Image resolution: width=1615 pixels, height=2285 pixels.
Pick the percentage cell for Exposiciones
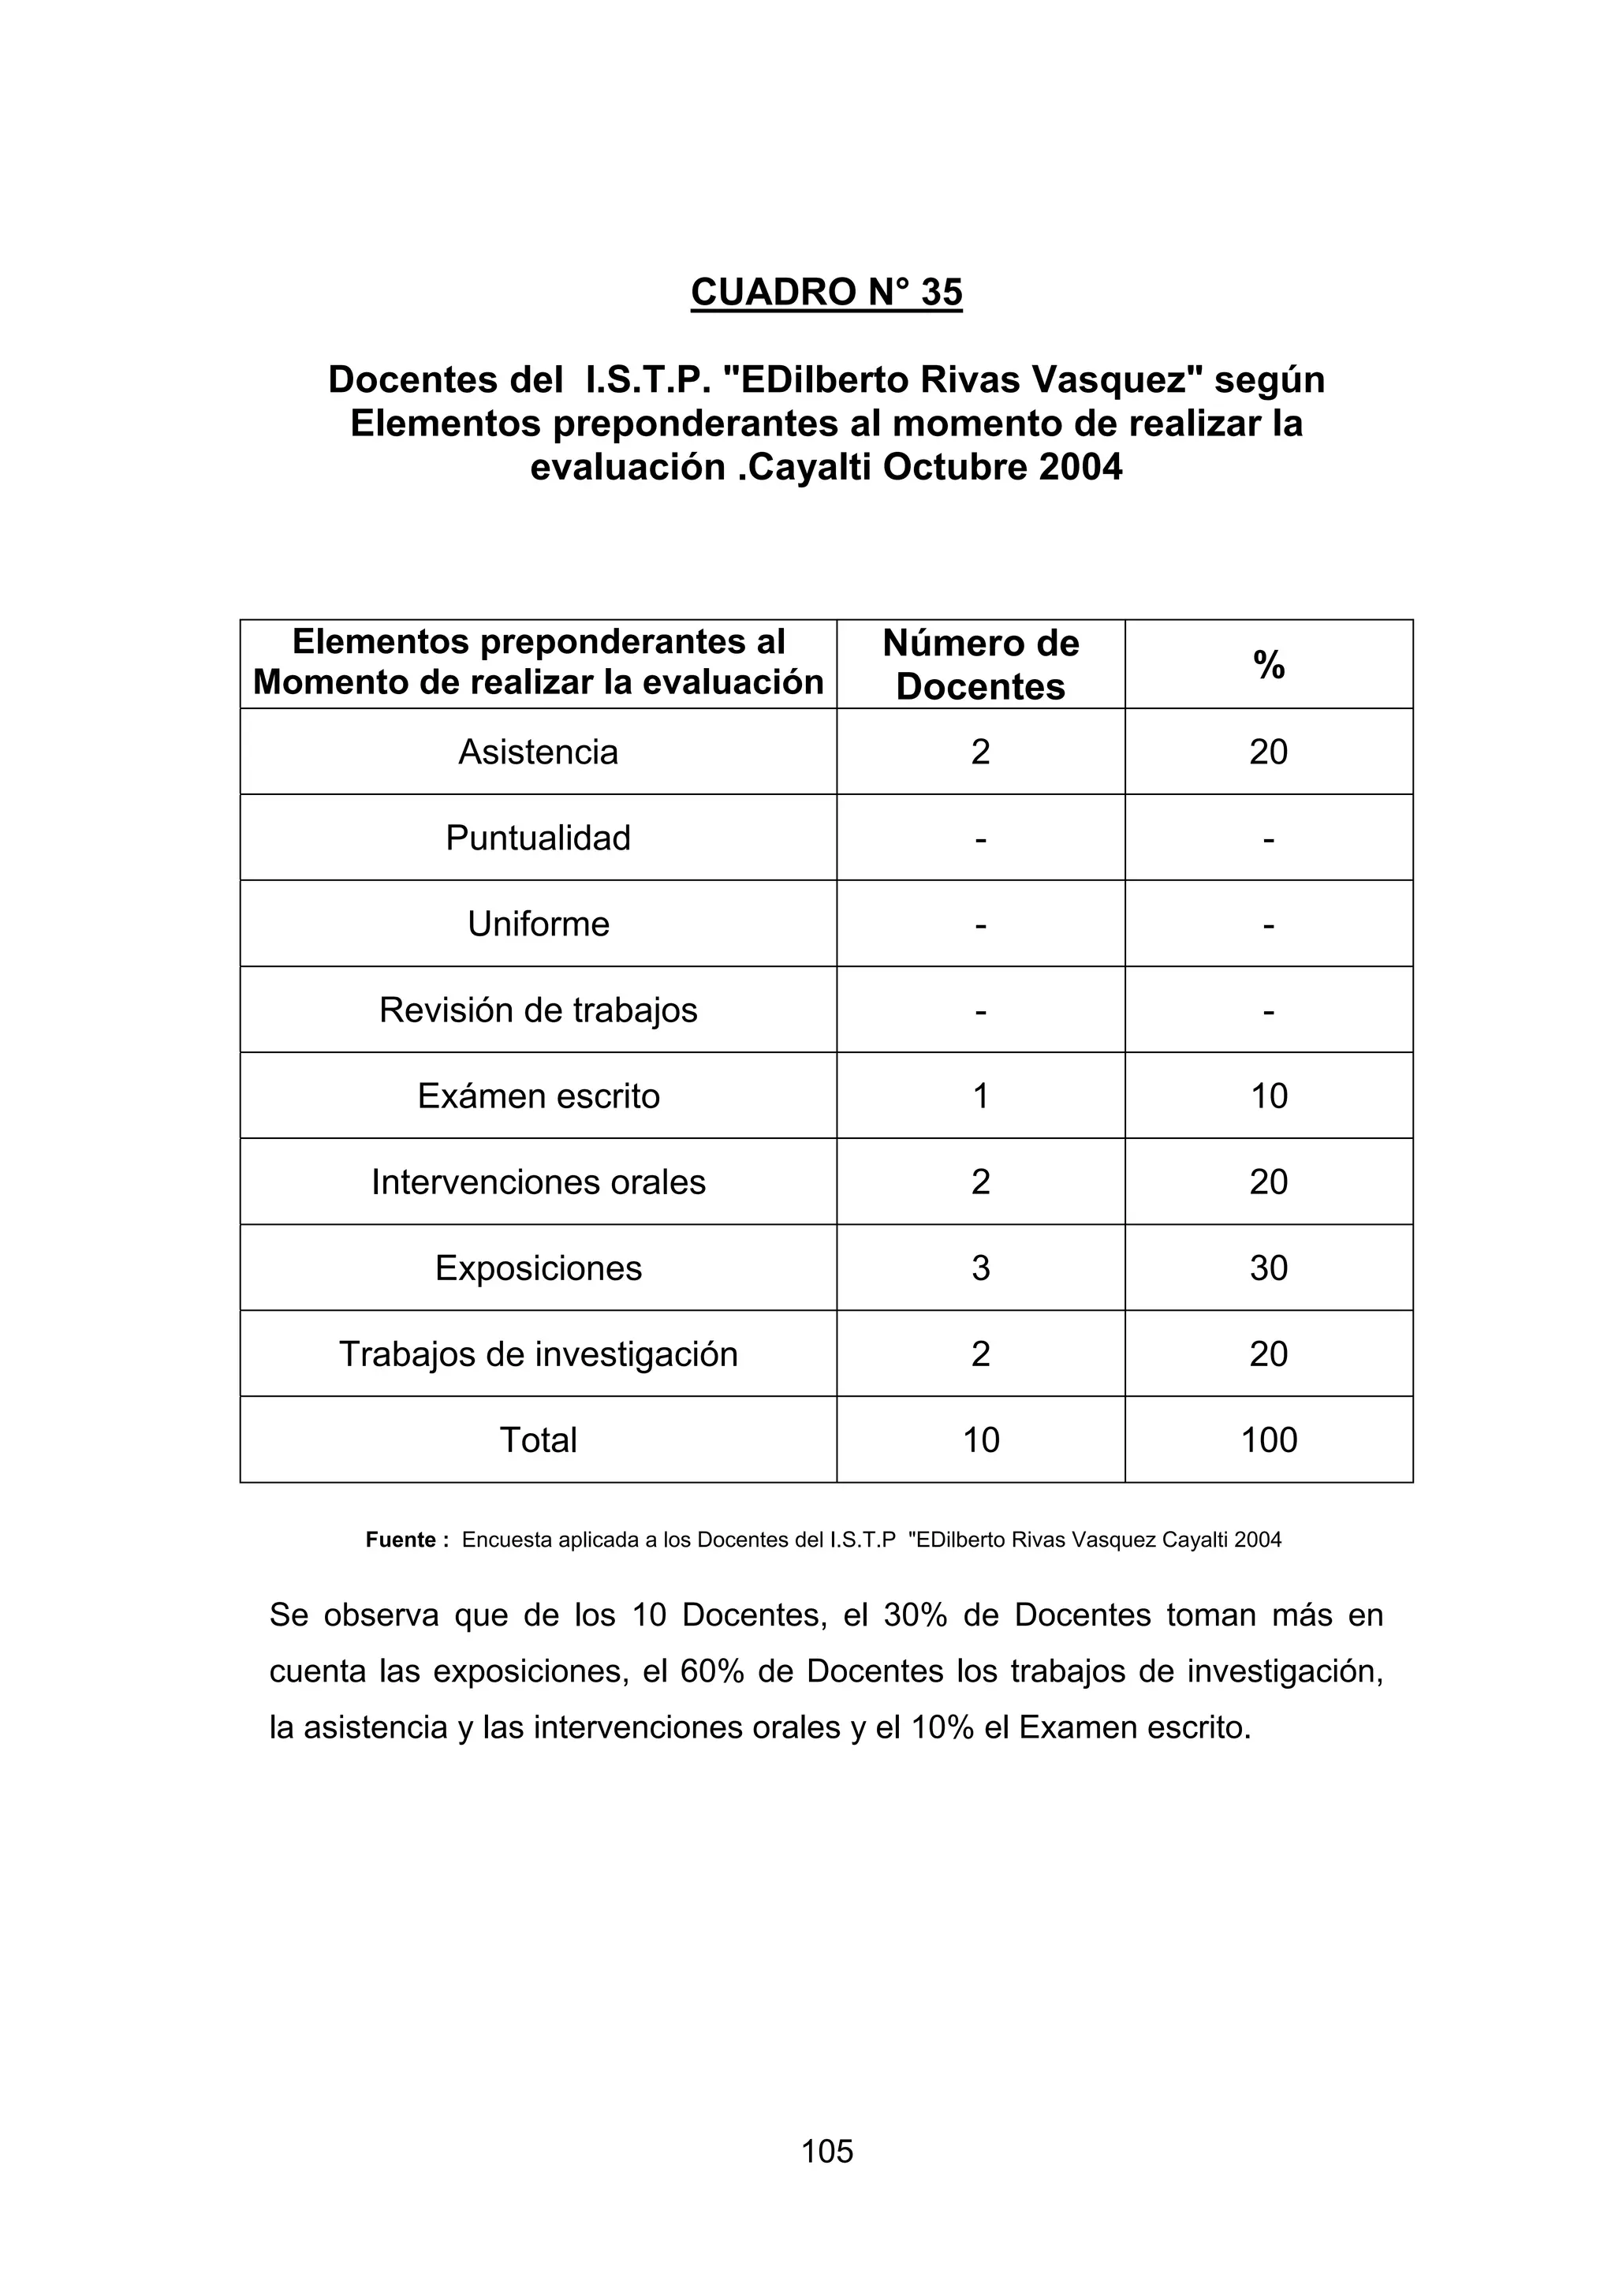click(1268, 1268)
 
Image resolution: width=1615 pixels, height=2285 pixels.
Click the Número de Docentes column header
click(980, 665)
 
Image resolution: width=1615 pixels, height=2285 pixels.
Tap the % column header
click(1269, 665)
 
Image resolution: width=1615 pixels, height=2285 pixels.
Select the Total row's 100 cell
click(1269, 1440)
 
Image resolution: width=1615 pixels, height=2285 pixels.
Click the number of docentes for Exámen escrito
click(980, 1096)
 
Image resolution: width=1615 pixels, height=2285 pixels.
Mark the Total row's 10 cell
click(980, 1440)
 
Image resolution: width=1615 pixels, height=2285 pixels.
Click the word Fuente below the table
click(400, 1540)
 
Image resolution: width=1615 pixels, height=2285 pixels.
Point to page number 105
click(827, 2151)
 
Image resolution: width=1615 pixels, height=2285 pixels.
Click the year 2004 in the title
click(1080, 467)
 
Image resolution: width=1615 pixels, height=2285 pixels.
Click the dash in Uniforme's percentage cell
click(1268, 924)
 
